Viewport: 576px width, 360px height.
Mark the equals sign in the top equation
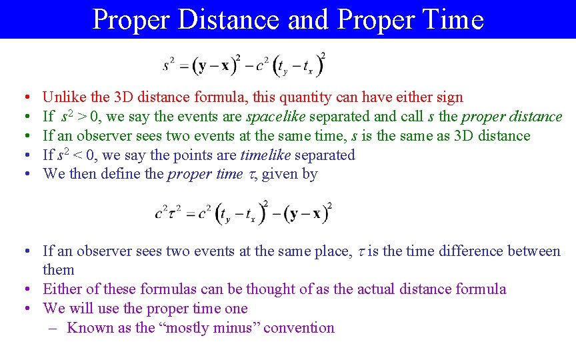point(182,66)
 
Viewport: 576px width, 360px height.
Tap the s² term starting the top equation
point(169,65)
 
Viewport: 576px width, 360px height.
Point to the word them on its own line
point(59,270)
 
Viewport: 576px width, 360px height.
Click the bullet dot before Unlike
point(23,98)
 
